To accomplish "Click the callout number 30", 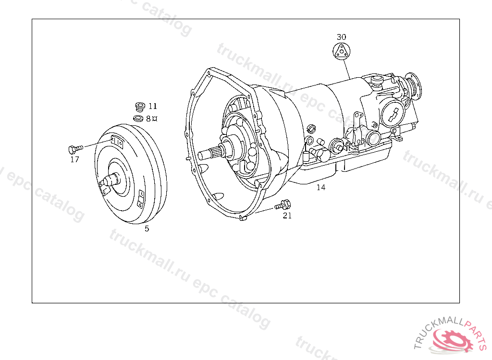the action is [x=342, y=37].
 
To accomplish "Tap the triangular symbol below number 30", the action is [x=342, y=51].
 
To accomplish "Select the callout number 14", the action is [x=320, y=188].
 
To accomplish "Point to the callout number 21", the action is [x=287, y=216].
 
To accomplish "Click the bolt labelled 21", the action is [x=283, y=205].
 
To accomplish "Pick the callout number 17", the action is [x=74, y=160].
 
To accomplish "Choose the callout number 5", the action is [x=147, y=229].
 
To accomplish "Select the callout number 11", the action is [x=153, y=106].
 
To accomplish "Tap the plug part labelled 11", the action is [x=140, y=107].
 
